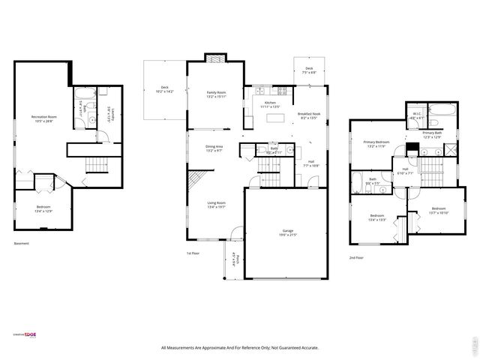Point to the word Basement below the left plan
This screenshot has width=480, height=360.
coord(22,243)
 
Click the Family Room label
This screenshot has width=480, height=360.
coord(217,94)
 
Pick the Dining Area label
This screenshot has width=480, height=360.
coord(216,148)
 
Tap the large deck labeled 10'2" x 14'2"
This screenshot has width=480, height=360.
coord(165,89)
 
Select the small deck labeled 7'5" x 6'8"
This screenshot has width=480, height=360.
coord(308,71)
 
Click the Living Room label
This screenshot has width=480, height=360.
coord(216,204)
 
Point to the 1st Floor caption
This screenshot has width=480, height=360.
coord(193,253)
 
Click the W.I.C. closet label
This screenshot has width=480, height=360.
coord(417,115)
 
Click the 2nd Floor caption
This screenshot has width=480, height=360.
coord(356,257)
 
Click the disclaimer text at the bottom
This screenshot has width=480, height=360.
coord(240,347)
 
